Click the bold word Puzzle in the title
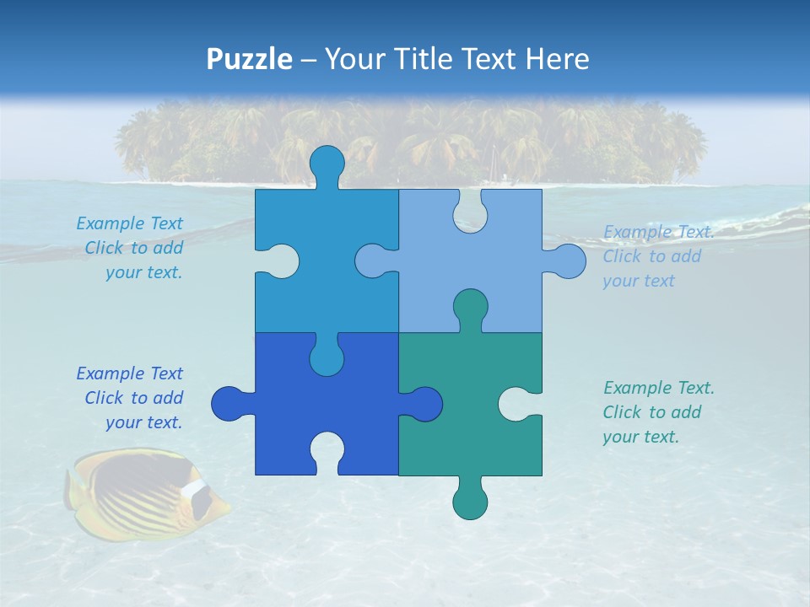coord(250,59)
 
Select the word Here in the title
coord(557,59)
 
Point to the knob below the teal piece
coord(470,501)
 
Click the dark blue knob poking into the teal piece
coord(424,404)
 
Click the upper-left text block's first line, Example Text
coord(129,223)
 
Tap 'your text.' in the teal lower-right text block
coord(640,437)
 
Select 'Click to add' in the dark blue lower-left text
coord(133,398)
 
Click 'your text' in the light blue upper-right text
coord(638,281)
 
